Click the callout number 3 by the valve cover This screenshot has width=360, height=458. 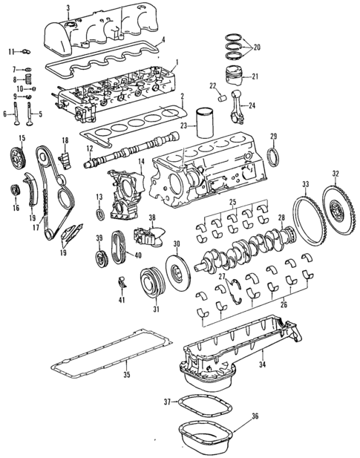(x=68, y=8)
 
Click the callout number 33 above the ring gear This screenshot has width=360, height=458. (x=305, y=184)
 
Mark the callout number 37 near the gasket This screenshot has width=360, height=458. (x=168, y=402)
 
